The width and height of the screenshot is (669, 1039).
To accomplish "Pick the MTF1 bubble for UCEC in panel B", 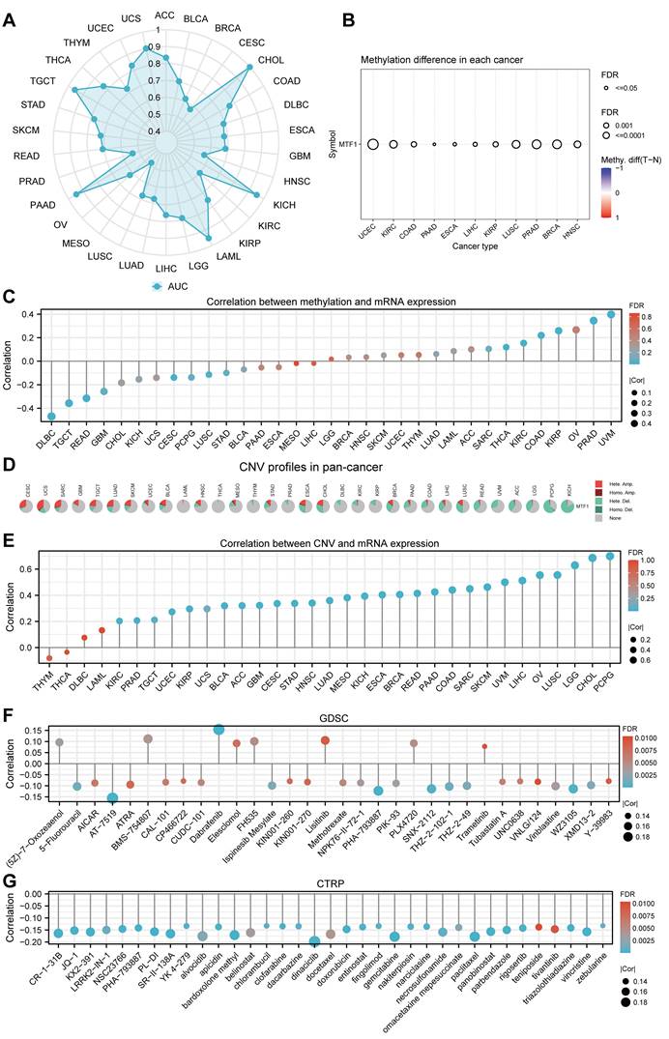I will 371,144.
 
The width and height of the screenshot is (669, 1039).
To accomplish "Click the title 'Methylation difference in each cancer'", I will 442,60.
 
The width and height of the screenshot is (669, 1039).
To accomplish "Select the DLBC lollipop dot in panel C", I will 51,416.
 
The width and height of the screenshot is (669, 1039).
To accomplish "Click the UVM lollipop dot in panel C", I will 611,314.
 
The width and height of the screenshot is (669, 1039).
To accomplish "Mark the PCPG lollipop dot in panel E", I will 609,556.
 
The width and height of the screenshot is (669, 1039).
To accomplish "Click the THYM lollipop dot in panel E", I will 49,658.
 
